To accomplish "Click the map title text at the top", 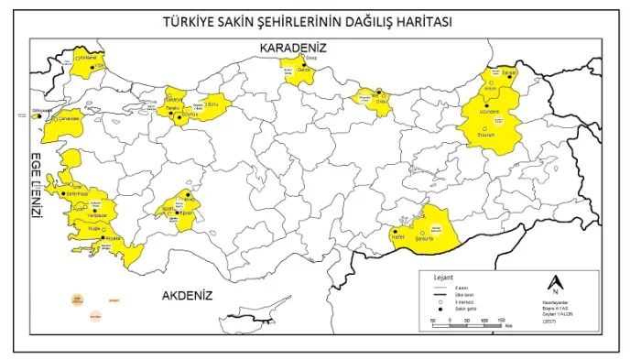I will pos(320,20).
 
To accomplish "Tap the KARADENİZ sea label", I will pos(293,47).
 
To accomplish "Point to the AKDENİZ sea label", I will pos(187,296).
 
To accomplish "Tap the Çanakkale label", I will pos(71,118).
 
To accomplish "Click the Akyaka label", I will pos(113,237).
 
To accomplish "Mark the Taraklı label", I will pos(170,109).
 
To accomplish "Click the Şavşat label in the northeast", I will pos(510,72).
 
